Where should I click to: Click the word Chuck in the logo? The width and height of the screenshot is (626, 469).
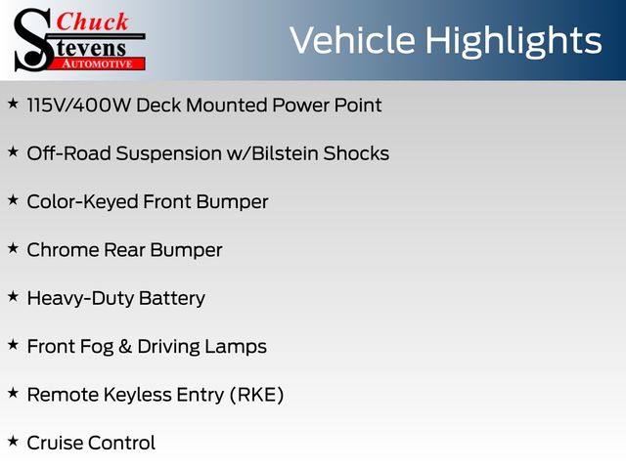coord(92,21)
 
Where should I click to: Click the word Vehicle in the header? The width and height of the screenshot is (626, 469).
coord(352,40)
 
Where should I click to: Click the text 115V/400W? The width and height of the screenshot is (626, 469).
coord(78,106)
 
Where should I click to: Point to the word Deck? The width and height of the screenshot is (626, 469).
coord(158,106)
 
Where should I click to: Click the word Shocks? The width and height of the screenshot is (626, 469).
coord(356,153)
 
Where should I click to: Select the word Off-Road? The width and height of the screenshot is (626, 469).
coord(68,153)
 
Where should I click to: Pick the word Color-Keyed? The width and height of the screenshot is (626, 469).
coord(82,202)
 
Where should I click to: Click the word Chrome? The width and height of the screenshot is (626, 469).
coord(63,250)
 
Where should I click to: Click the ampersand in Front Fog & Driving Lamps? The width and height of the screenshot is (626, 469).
coord(125,347)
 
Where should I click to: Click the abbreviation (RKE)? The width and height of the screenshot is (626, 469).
coord(256,395)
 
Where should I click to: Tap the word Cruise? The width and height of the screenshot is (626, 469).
coord(55,443)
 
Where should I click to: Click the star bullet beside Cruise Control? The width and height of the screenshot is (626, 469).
coord(13,441)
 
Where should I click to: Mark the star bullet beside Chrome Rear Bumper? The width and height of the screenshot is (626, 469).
coord(13,248)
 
